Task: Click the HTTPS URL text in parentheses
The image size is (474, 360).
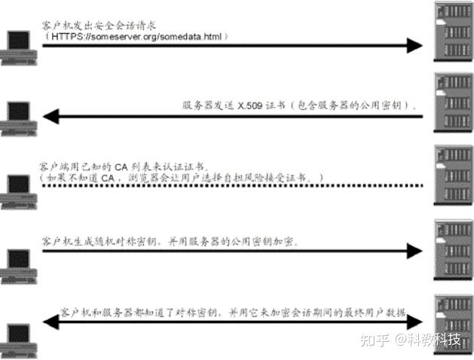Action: click(139, 35)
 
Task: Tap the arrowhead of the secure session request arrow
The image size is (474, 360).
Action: click(414, 46)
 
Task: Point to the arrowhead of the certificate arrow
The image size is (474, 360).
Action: click(50, 117)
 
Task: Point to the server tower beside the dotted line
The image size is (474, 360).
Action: click(454, 175)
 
